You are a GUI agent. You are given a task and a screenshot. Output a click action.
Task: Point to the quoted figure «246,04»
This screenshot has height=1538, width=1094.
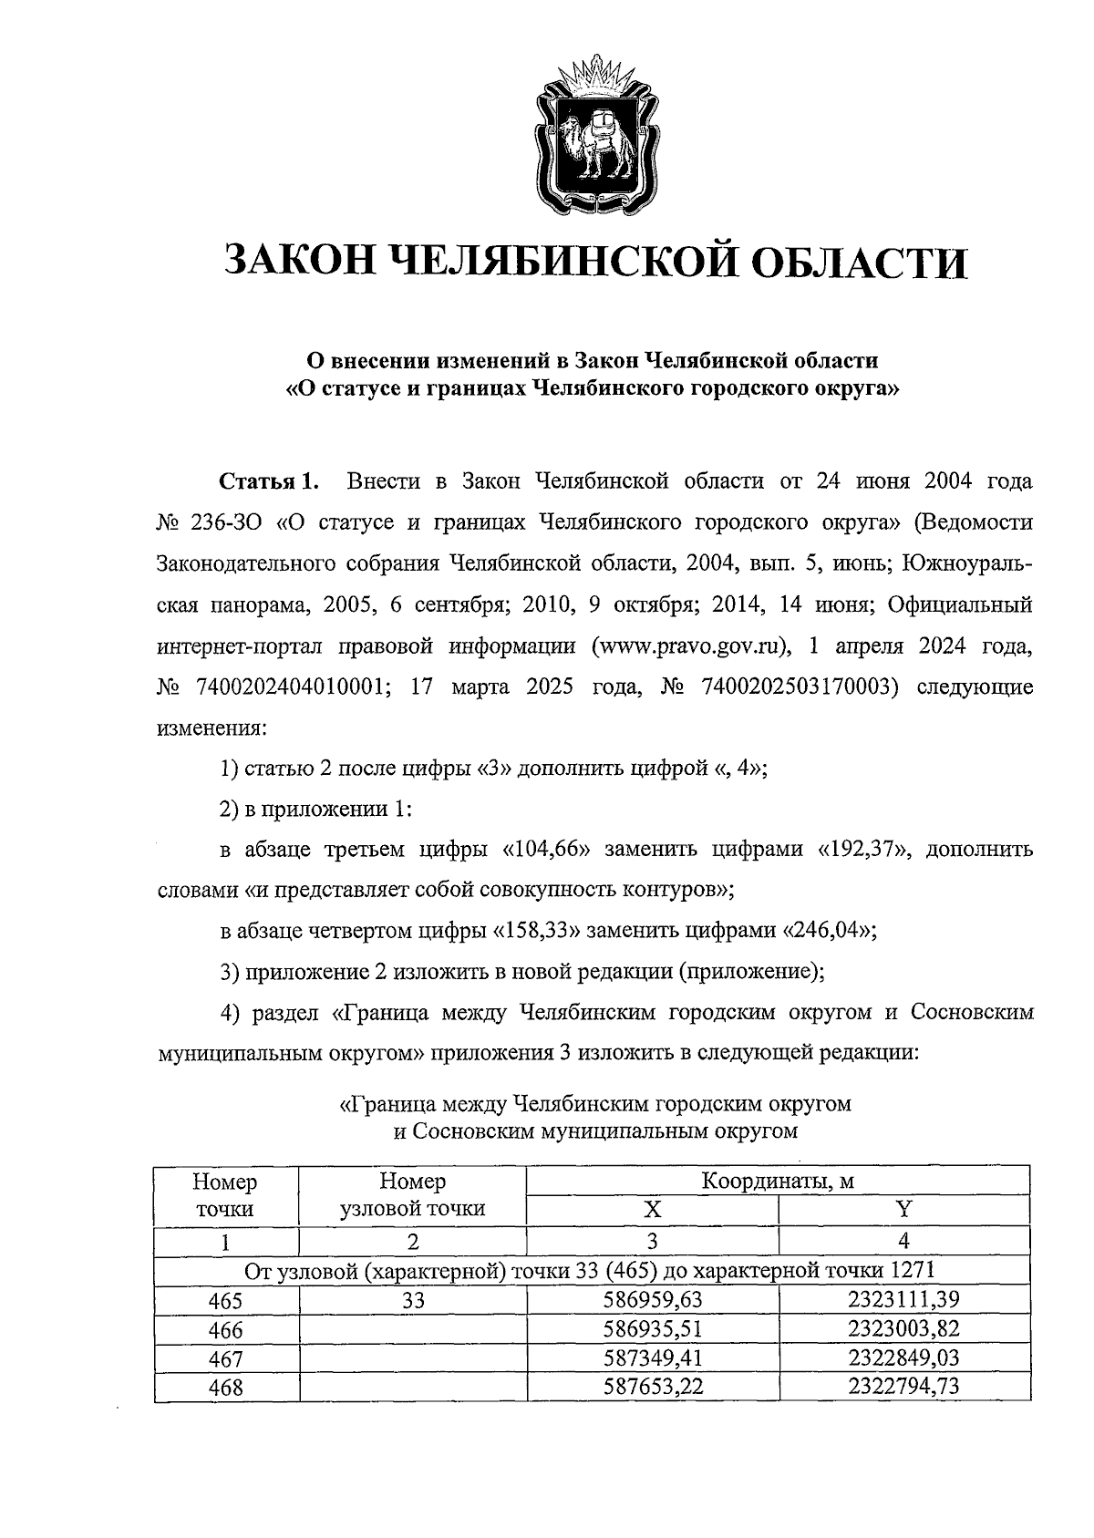829,931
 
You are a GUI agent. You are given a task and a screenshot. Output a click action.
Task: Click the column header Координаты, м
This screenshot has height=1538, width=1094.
778,1182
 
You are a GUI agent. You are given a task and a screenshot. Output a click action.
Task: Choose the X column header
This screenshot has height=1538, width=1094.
652,1210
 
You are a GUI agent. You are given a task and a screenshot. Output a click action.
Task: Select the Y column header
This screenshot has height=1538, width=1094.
903,1210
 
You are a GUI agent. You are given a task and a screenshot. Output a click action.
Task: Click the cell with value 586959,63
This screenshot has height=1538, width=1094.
652,1299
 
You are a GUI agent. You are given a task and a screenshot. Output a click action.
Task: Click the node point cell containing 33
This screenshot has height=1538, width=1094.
413,1299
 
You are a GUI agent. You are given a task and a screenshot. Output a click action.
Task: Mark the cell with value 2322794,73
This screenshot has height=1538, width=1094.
903,1387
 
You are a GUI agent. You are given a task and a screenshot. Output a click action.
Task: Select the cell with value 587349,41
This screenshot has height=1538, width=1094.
652,1358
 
